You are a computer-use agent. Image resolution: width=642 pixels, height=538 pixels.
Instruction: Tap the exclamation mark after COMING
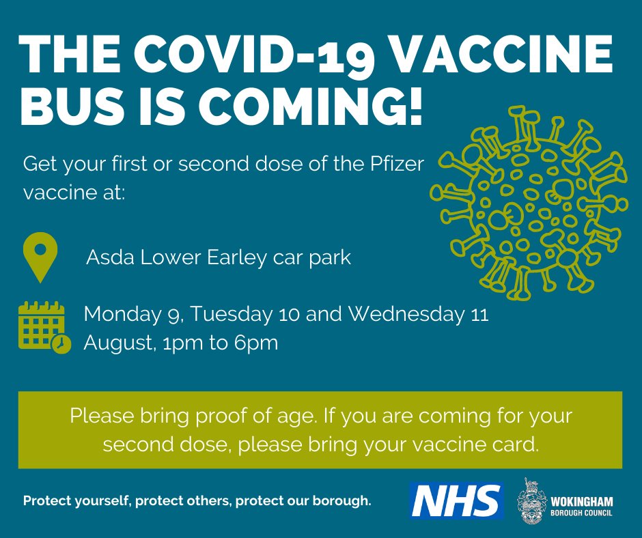pos(415,105)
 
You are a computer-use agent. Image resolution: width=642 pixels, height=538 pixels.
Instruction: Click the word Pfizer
pos(397,164)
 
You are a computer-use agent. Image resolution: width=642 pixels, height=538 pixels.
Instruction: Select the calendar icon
pos(44,327)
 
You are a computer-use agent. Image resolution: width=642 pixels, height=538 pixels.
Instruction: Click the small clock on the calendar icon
pos(61,343)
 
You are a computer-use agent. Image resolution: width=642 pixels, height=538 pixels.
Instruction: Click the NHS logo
pos(456,500)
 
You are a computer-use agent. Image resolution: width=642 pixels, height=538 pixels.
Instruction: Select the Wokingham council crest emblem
pos(531,500)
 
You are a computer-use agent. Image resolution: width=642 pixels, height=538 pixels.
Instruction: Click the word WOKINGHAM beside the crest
pos(582,502)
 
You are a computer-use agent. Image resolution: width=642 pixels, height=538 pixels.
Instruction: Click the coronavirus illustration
pos(529,202)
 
